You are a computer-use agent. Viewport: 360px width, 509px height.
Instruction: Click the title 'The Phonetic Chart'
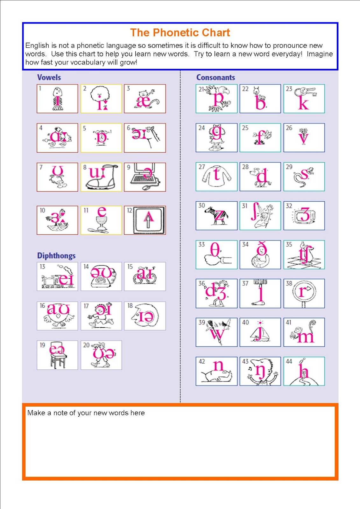pyautogui.click(x=180, y=32)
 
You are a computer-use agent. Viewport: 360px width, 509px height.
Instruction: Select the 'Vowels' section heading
pyautogui.click(x=49, y=77)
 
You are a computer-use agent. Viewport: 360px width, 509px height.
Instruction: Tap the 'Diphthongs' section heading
pyautogui.click(x=56, y=256)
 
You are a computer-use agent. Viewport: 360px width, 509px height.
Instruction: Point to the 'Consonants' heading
pyautogui.click(x=215, y=77)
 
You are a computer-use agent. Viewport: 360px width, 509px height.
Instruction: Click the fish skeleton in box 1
pyautogui.click(x=57, y=99)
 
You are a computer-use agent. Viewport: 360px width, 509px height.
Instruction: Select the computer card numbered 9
pyautogui.click(x=145, y=177)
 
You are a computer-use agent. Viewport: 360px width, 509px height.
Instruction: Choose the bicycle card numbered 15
pyautogui.click(x=145, y=276)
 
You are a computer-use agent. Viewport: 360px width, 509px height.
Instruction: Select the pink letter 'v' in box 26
pyautogui.click(x=304, y=139)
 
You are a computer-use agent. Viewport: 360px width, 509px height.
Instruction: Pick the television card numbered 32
pyautogui.click(x=304, y=216)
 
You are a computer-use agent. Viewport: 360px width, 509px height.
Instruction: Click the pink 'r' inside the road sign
pyautogui.click(x=302, y=292)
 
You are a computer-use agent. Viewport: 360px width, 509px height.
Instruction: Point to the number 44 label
pyautogui.click(x=289, y=361)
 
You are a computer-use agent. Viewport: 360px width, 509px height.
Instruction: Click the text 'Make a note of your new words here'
pyautogui.click(x=86, y=413)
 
